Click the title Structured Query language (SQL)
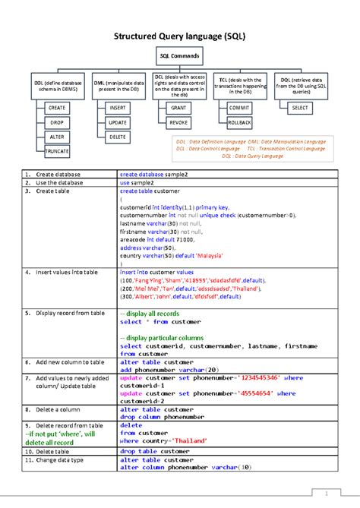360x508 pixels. click(179, 36)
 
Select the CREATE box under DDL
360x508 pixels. click(58, 109)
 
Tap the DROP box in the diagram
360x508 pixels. click(58, 122)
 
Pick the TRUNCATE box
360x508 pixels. click(58, 151)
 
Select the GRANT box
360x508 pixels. click(178, 109)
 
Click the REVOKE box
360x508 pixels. click(178, 122)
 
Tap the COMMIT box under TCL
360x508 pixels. click(239, 109)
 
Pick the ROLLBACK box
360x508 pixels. click(239, 122)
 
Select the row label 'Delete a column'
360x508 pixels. click(57, 409)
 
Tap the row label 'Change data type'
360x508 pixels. click(61, 460)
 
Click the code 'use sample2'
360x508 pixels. click(137, 183)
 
